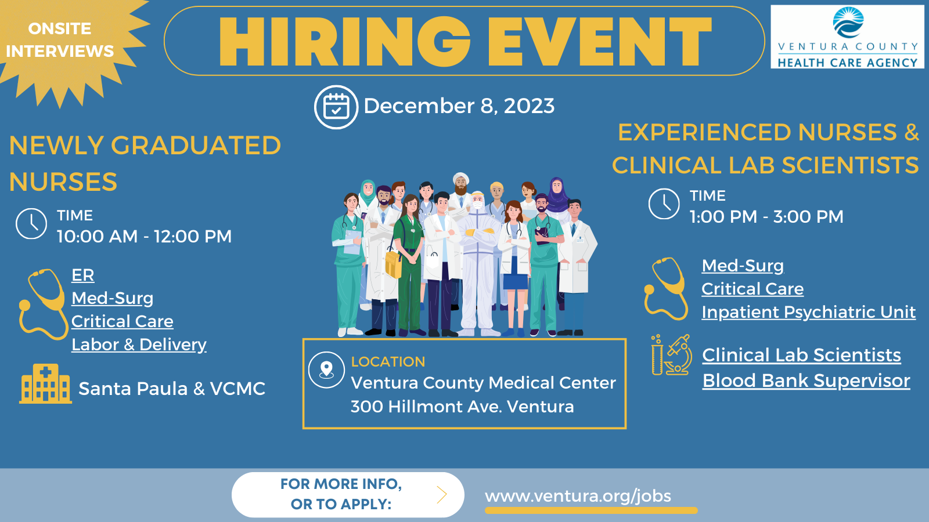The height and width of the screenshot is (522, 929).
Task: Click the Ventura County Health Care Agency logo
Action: (x=847, y=37)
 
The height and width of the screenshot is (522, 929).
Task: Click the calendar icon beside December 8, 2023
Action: (x=336, y=107)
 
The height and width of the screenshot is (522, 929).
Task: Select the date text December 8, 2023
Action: (x=459, y=106)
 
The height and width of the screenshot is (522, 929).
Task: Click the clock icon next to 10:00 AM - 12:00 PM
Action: (x=31, y=224)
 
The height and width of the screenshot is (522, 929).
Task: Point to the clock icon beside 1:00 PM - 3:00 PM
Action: (x=664, y=204)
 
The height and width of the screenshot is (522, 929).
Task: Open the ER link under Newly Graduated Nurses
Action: (x=83, y=275)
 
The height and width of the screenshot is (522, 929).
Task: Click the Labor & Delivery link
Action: (x=139, y=345)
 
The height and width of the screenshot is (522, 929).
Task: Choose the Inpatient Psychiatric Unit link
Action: (x=809, y=313)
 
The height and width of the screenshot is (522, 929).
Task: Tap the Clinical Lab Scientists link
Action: (x=802, y=355)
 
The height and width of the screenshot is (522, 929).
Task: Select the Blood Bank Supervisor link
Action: (x=806, y=380)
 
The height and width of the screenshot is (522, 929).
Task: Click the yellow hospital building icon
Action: (x=46, y=383)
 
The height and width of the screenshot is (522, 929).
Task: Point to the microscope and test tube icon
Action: (x=671, y=355)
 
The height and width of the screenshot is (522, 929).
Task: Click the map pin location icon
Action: (x=326, y=370)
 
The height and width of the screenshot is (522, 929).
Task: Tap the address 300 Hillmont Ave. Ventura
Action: (x=462, y=407)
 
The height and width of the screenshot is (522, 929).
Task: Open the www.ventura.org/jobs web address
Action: (x=578, y=496)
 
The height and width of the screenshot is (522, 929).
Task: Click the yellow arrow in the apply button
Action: (x=442, y=495)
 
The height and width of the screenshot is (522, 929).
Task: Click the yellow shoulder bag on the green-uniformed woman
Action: (x=393, y=264)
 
